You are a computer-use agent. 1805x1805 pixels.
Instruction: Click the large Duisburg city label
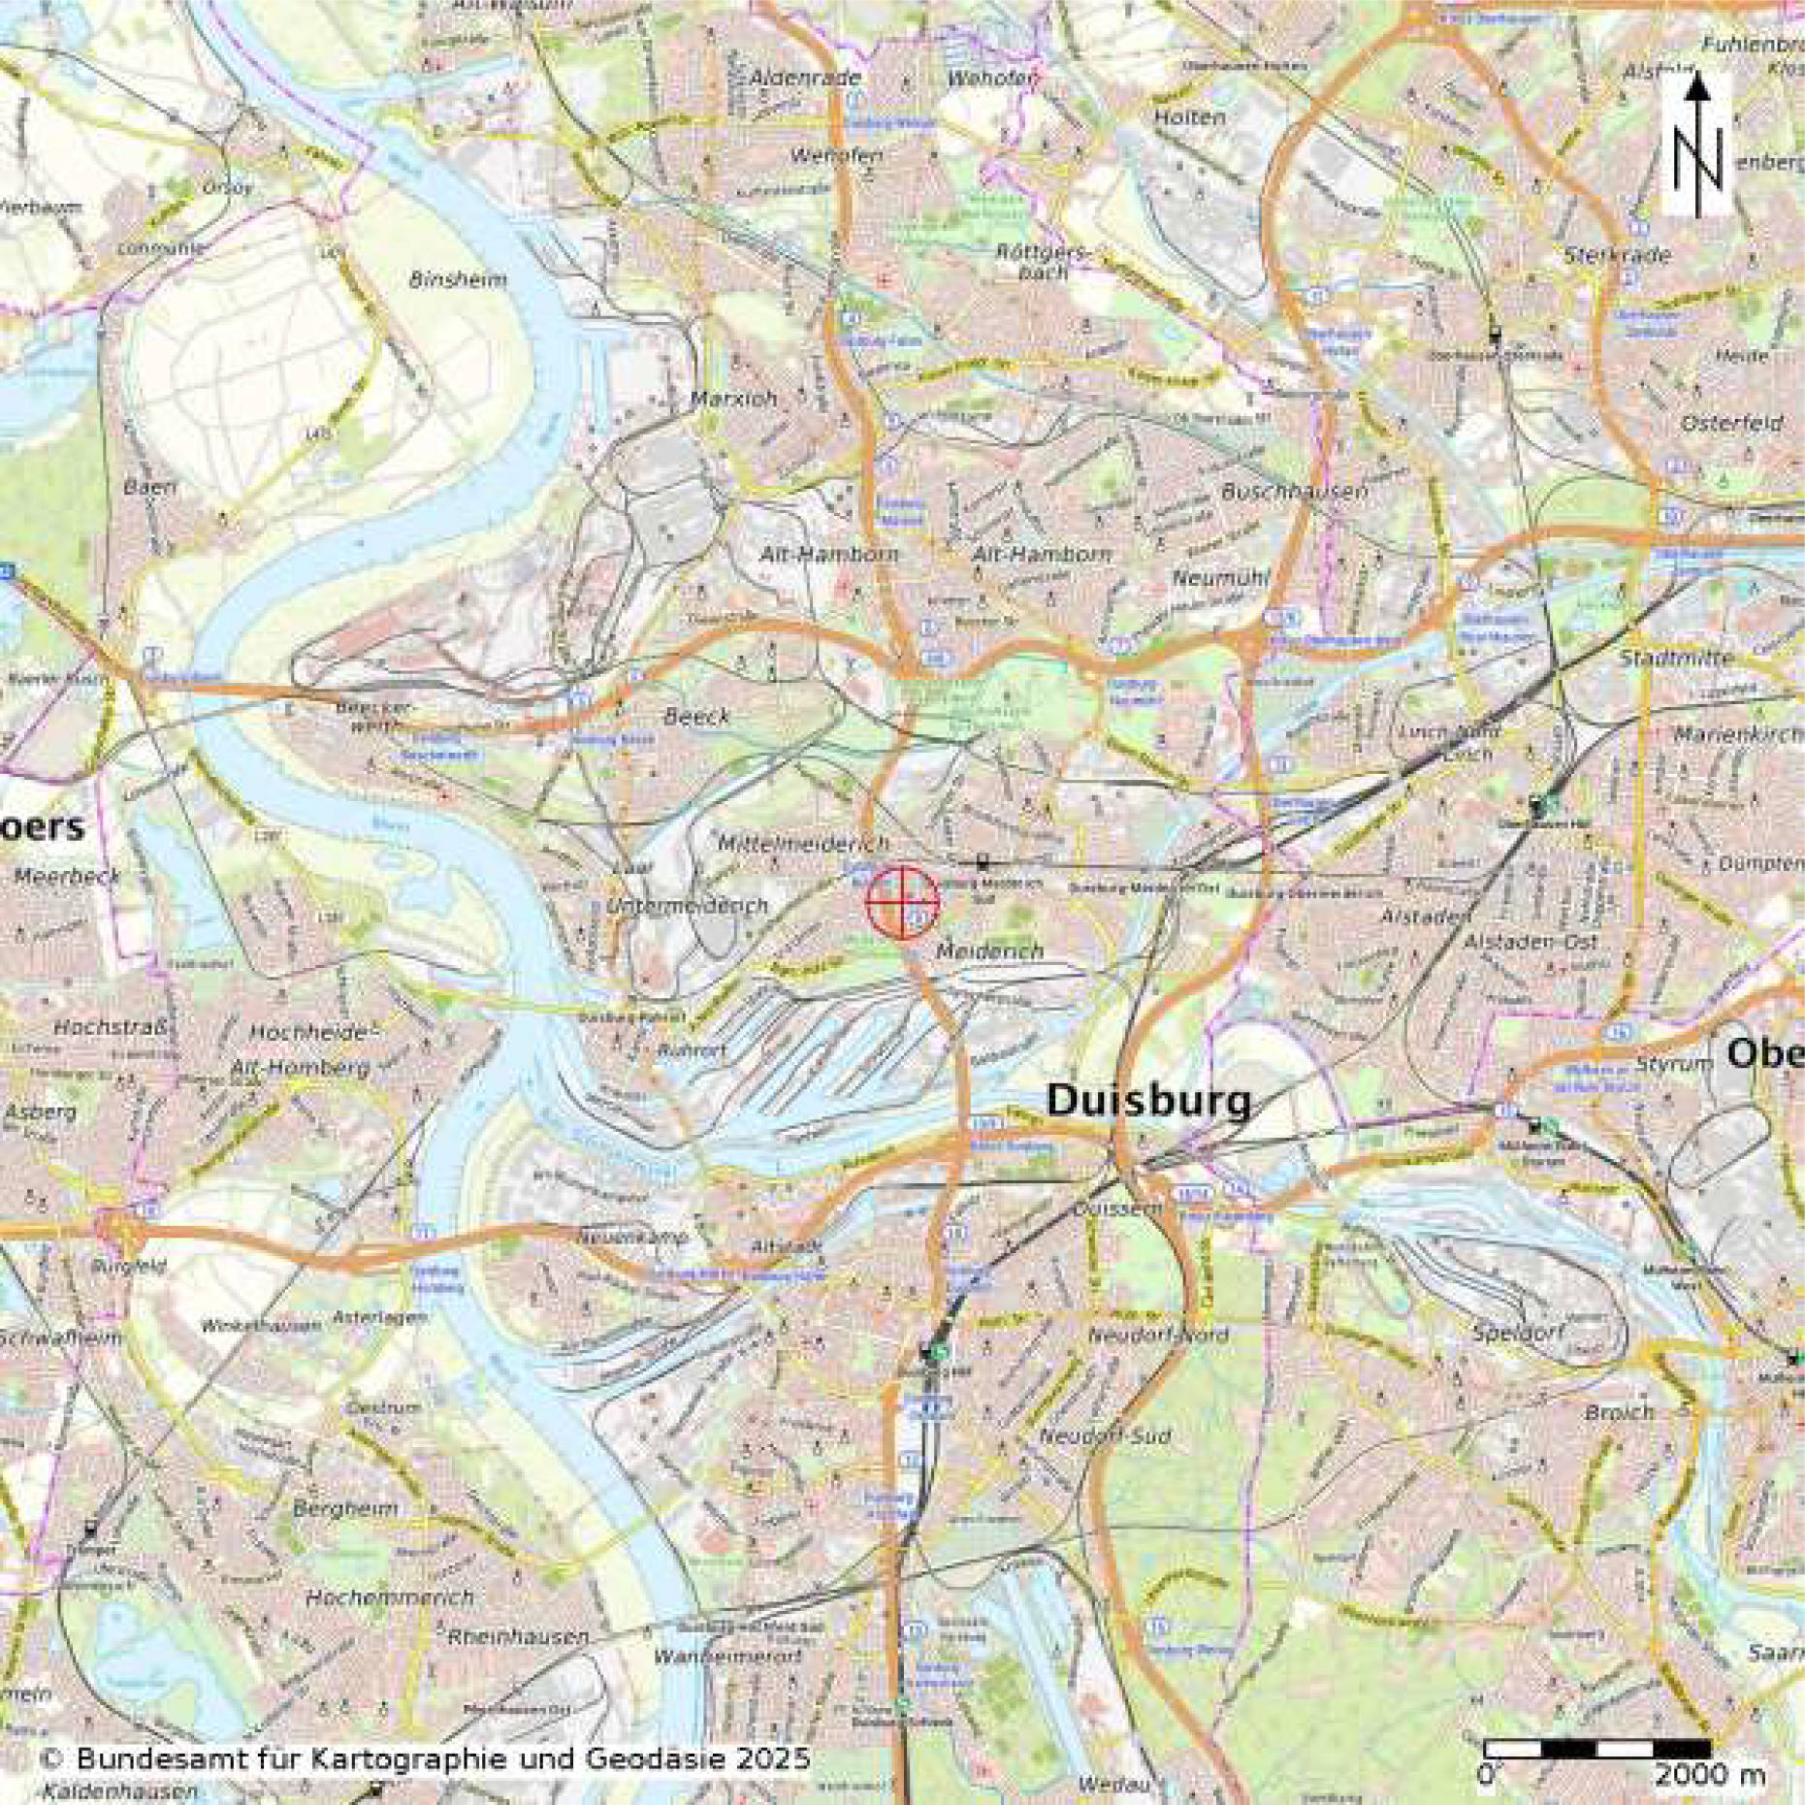click(x=1148, y=1100)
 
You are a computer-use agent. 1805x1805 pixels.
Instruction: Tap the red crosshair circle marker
click(x=902, y=903)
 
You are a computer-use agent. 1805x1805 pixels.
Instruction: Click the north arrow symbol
click(x=1696, y=145)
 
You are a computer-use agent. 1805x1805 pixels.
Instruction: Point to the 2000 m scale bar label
click(x=1709, y=1776)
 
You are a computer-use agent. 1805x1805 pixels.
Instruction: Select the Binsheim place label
click(x=458, y=280)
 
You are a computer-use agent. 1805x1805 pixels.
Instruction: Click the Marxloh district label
click(x=733, y=399)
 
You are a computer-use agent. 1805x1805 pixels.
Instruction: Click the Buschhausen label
click(x=1294, y=491)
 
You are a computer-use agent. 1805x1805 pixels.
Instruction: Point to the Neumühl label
click(x=1220, y=578)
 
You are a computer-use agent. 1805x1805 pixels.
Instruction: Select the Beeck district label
click(x=696, y=717)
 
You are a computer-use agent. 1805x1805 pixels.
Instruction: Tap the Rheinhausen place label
click(x=518, y=1636)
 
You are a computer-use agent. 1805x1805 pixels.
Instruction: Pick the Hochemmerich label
click(x=389, y=1596)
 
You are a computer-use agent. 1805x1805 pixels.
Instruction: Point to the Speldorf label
click(x=1518, y=1332)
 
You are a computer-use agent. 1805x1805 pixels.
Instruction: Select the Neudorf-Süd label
click(x=1105, y=1435)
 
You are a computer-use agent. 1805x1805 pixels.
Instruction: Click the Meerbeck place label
click(x=67, y=876)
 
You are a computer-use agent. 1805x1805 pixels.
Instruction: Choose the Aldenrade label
click(x=805, y=78)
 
